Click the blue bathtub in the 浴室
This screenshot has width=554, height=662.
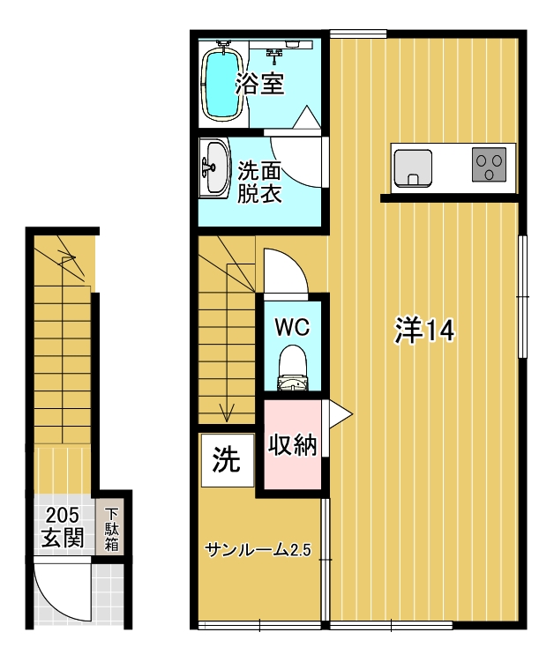pyautogui.click(x=222, y=85)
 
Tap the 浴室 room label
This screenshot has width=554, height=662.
pyautogui.click(x=259, y=84)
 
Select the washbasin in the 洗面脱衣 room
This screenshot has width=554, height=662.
pyautogui.click(x=214, y=167)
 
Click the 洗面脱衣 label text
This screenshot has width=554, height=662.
pyautogui.click(x=259, y=182)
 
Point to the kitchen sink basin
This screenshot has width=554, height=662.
pyautogui.click(x=413, y=168)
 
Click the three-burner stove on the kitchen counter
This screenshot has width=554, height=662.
pyautogui.click(x=489, y=165)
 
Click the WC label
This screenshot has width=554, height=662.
pyautogui.click(x=292, y=327)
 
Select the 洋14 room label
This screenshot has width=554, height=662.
pyautogui.click(x=424, y=331)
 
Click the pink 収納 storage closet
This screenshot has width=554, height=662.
pyautogui.click(x=292, y=444)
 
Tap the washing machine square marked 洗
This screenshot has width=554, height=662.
pyautogui.click(x=228, y=460)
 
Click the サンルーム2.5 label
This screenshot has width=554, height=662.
pyautogui.click(x=258, y=550)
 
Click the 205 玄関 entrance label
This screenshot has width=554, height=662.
pyautogui.click(x=63, y=527)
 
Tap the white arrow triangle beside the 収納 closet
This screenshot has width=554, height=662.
pyautogui.click(x=338, y=414)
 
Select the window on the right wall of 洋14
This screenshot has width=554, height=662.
pyautogui.click(x=523, y=297)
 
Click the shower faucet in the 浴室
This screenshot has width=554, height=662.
pyautogui.click(x=274, y=55)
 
